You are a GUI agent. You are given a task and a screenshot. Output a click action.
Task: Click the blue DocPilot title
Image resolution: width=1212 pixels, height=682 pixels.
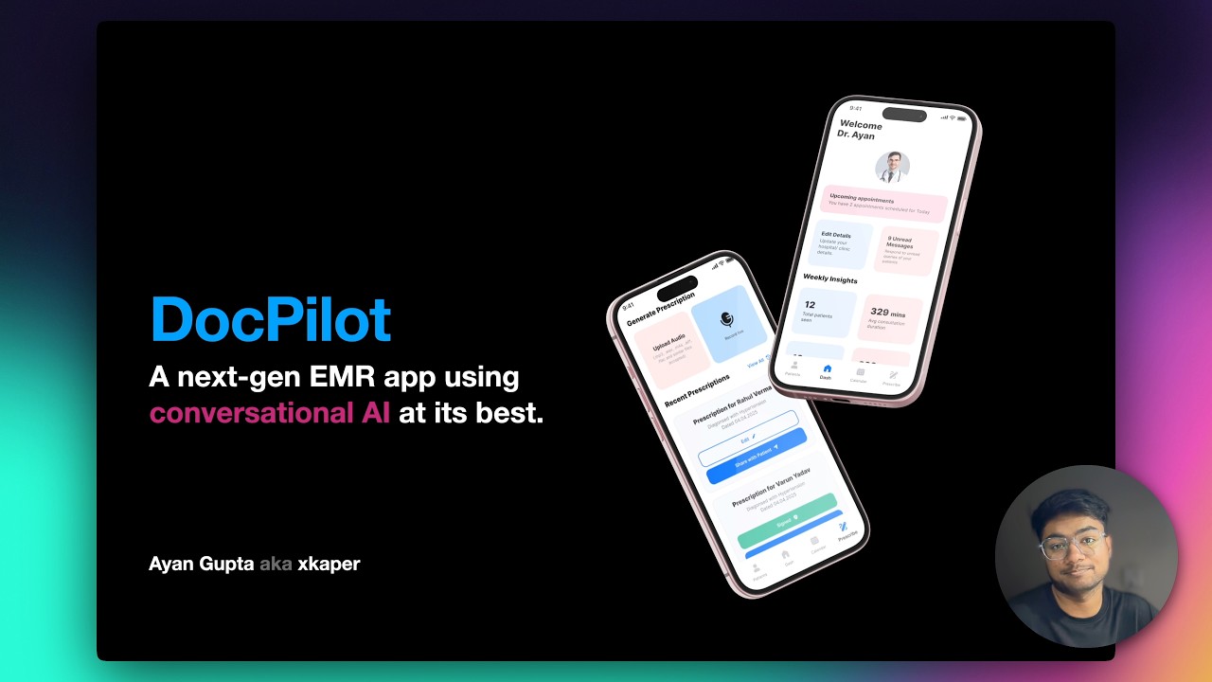pyautogui.click(x=271, y=319)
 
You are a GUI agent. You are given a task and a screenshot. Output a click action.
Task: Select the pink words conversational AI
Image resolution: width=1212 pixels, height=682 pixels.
pyautogui.click(x=270, y=413)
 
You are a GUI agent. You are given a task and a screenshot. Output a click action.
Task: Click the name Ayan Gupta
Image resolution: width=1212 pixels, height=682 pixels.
pyautogui.click(x=200, y=564)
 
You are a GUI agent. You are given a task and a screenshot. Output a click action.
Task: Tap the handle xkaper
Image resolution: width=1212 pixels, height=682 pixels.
pyautogui.click(x=329, y=564)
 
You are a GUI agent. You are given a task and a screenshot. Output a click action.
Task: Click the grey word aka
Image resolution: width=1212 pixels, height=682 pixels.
pyautogui.click(x=275, y=564)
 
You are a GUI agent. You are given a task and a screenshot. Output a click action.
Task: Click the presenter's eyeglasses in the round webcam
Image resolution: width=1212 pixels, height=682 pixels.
pyautogui.click(x=1073, y=547)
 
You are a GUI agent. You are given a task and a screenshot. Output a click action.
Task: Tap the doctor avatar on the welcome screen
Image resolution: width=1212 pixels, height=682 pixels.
pyautogui.click(x=892, y=167)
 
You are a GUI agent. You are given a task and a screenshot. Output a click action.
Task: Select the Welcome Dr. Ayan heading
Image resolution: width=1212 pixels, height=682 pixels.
pyautogui.click(x=859, y=130)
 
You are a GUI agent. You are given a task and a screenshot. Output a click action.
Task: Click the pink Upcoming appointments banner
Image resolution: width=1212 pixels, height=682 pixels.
pyautogui.click(x=884, y=203)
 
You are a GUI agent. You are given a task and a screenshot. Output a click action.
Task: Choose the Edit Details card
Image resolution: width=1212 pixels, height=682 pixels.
pyautogui.click(x=842, y=244)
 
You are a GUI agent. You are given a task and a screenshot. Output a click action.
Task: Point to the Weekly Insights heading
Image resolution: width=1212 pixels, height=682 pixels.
pyautogui.click(x=830, y=279)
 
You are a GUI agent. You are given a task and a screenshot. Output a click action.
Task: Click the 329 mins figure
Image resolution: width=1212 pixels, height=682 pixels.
pyautogui.click(x=888, y=313)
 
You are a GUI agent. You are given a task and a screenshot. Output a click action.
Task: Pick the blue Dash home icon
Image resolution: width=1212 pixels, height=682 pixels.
pyautogui.click(x=827, y=369)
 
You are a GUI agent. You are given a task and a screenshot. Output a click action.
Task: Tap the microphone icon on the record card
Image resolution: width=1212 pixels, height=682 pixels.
pyautogui.click(x=726, y=319)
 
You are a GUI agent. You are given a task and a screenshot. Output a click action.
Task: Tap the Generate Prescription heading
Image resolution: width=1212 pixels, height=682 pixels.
pyautogui.click(x=661, y=310)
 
